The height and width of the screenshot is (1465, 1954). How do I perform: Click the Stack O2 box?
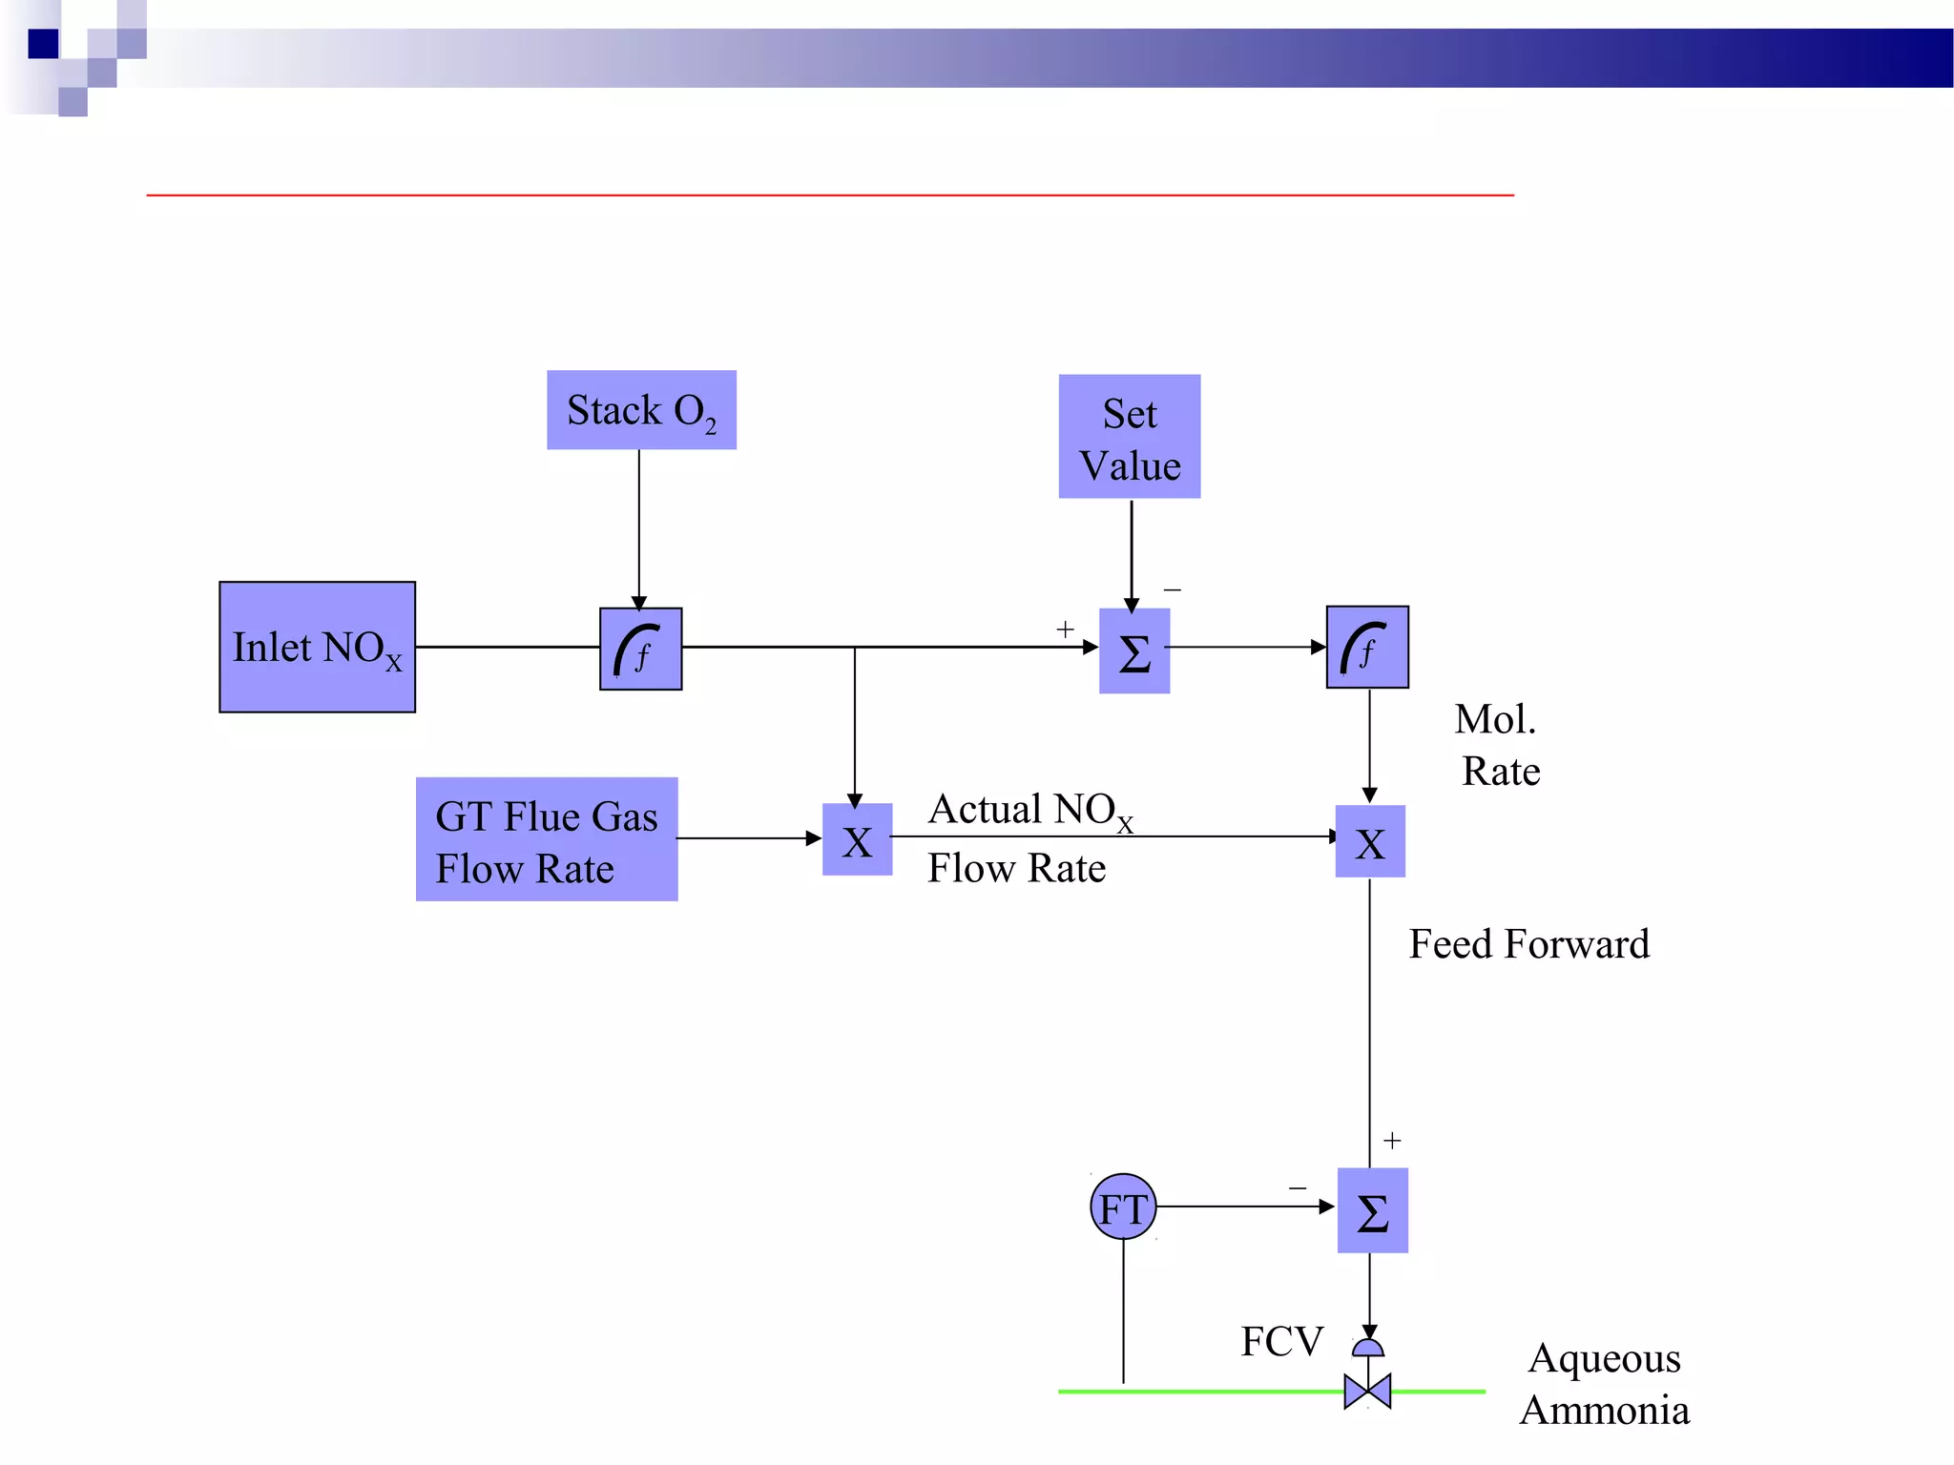click(641, 410)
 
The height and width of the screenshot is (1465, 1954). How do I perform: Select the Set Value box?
click(1130, 437)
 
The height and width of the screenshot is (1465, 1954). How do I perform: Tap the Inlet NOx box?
click(317, 647)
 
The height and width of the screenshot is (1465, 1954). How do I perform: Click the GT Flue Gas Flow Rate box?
click(547, 839)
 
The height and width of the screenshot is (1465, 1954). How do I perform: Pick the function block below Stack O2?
click(640, 649)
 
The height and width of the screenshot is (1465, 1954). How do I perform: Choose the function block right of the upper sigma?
click(1367, 647)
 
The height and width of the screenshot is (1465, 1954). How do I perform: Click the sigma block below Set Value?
click(1134, 651)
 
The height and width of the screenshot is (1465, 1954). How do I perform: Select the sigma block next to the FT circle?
click(1372, 1210)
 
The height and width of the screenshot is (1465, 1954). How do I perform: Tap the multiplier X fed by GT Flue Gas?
click(857, 839)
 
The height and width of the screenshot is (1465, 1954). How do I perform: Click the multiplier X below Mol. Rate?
click(1370, 841)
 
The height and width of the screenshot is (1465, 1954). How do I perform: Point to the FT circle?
click(1123, 1207)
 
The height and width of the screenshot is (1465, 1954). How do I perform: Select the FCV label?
click(1281, 1341)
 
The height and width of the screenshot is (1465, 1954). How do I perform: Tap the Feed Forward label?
click(1528, 944)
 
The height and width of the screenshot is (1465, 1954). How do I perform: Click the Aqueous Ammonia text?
click(1605, 1383)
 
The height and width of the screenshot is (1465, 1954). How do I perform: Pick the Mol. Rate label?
click(1498, 745)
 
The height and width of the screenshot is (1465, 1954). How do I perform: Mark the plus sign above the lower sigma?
click(1392, 1141)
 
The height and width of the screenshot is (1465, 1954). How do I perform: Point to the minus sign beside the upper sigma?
click(1173, 590)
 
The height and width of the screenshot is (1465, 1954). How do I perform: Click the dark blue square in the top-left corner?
click(43, 44)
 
